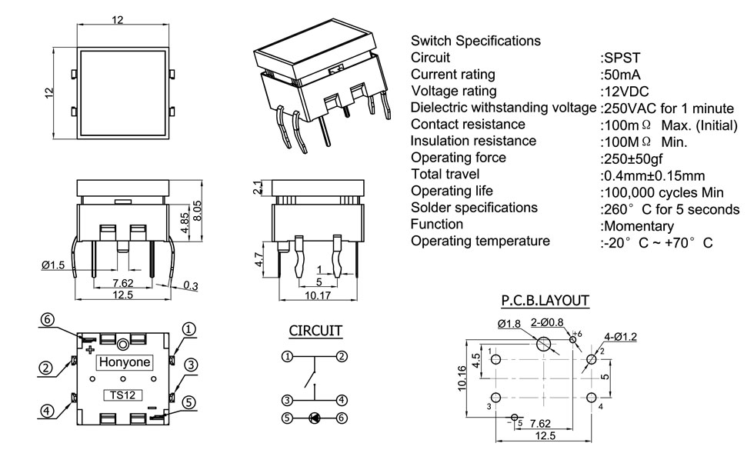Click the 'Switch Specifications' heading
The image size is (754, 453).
pos(475,41)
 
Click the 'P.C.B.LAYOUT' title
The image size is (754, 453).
pos(545,300)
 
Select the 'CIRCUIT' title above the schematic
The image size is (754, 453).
pos(315,331)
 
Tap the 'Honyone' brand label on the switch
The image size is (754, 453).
pos(123,363)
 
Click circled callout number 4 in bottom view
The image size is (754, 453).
pos(48,410)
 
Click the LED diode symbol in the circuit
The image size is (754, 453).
pos(315,418)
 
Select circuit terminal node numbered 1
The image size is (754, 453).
pos(286,356)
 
